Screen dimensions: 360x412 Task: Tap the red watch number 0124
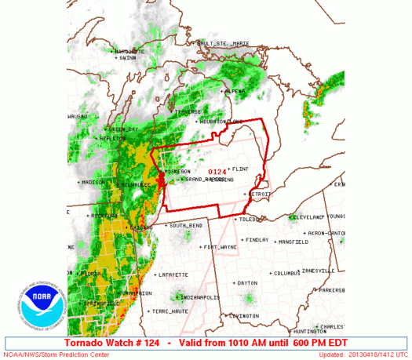tap(217, 171)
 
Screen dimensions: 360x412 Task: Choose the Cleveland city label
tap(306, 216)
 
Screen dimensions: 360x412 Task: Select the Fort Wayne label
tap(219, 247)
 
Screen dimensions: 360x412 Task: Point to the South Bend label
tap(187, 226)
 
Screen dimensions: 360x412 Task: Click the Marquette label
tap(129, 51)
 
